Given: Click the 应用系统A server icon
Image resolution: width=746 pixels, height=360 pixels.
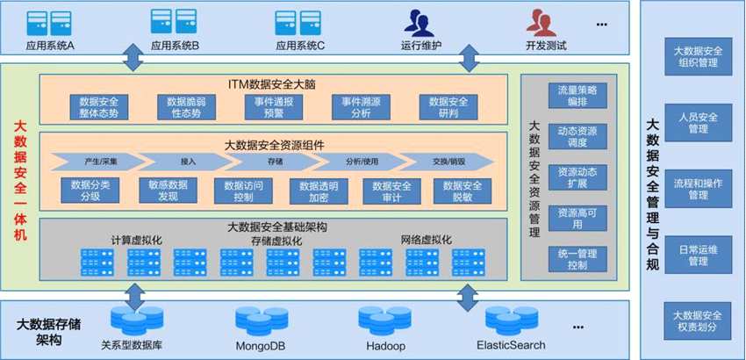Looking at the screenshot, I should point(49,21).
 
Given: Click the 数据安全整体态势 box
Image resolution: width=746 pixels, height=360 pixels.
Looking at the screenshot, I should point(99,107).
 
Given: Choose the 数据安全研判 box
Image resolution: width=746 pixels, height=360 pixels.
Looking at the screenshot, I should point(448,107).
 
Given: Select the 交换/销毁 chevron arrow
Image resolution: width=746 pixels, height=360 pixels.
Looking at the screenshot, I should point(444,162).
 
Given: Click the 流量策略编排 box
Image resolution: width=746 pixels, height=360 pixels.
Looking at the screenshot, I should point(577,96).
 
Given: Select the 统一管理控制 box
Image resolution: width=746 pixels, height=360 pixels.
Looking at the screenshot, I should point(577,259).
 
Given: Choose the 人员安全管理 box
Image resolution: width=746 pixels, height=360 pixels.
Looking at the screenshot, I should point(692,122).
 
